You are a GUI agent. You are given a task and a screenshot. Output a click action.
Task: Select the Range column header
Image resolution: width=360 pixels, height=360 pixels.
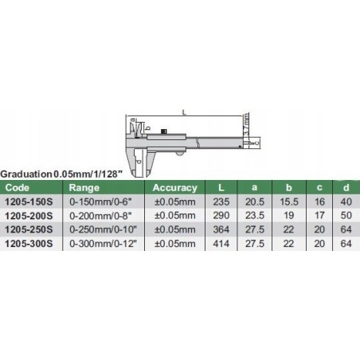[85, 188]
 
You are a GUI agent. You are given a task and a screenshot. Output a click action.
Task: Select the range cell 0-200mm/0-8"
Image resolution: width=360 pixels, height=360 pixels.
[100, 215]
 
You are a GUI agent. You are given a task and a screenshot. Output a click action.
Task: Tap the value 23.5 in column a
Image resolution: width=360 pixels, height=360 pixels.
[256, 215]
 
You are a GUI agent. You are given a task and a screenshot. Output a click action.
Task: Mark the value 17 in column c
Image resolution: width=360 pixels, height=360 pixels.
[320, 215]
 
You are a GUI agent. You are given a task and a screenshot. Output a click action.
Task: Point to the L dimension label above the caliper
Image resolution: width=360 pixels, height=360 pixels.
[185, 113]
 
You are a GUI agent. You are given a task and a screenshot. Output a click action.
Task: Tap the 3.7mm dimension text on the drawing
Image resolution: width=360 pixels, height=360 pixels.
[247, 127]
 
